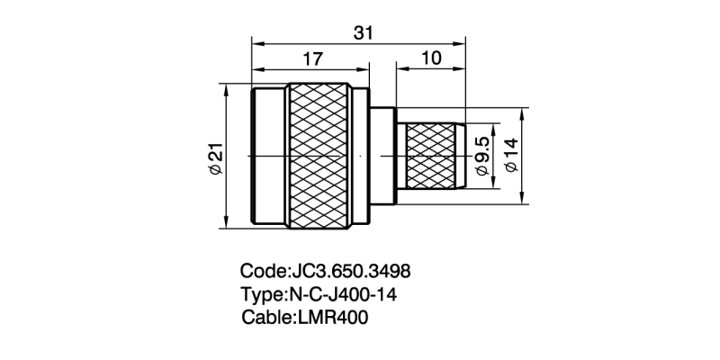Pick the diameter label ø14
(x=513, y=157)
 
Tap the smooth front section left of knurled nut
(x=268, y=157)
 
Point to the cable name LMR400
(x=333, y=318)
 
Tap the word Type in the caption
(x=262, y=294)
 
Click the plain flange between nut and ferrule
(x=383, y=157)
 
